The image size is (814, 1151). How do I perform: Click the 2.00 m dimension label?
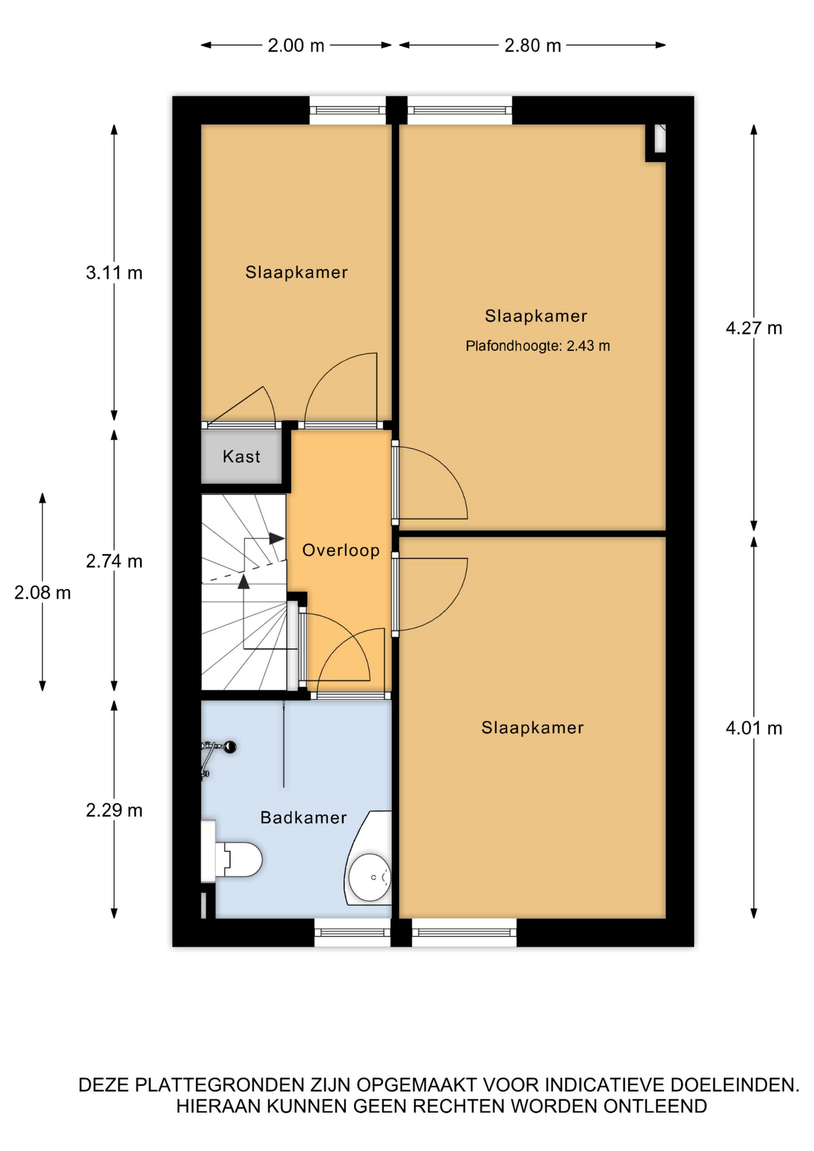296,46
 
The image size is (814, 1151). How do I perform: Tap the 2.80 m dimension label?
532,46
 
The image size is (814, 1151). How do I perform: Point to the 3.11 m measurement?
114,273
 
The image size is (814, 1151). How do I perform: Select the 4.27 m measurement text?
753,328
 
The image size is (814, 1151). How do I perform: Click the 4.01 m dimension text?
753,728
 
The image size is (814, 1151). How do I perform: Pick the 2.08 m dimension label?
43,593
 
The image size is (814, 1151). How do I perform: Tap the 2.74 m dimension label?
114,561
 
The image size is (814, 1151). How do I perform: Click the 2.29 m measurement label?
114,810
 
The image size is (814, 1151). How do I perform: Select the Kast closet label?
242,457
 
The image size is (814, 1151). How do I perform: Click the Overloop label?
341,550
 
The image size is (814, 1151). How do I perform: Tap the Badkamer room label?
303,818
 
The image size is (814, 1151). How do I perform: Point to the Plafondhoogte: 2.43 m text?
538,346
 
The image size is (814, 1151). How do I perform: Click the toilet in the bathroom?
232,859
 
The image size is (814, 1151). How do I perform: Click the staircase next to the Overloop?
245,592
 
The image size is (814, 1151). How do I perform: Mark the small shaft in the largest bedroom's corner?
658,142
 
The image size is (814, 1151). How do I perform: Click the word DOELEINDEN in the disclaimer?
735,1085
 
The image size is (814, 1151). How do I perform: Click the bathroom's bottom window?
352,933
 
